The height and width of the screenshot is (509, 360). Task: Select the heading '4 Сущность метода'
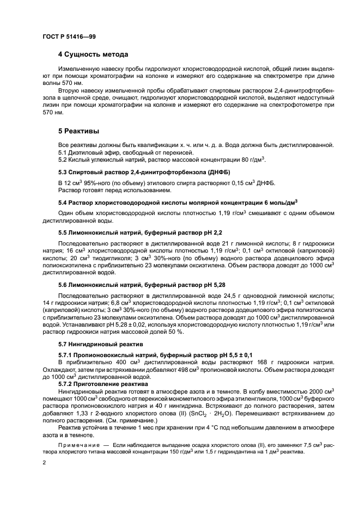93,54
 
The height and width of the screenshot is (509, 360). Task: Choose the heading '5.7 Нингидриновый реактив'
100,345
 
